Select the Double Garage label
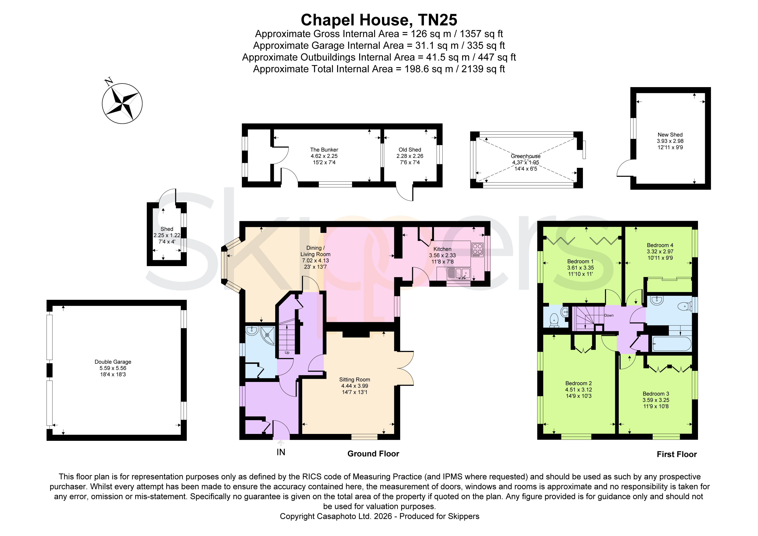[113, 362]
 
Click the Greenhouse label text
[525, 156]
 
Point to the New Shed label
[670, 135]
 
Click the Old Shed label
[410, 150]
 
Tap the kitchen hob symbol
[477, 250]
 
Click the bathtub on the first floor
[672, 344]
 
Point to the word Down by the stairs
[609, 315]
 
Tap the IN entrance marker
[281, 452]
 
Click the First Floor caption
[676, 454]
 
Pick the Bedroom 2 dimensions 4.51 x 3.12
[578, 390]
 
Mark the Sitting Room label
[355, 380]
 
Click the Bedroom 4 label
[660, 245]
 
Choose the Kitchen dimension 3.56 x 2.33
[442, 255]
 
